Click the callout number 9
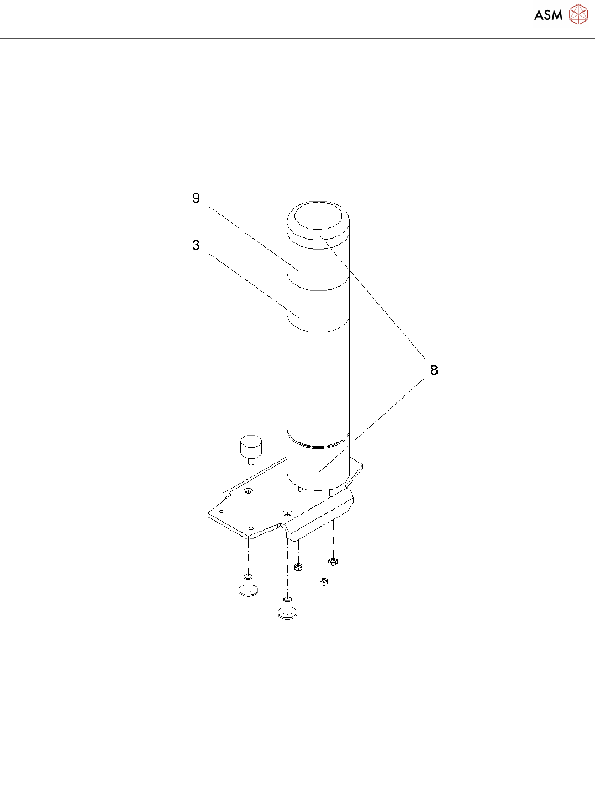click(196, 198)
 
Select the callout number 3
click(196, 245)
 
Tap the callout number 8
click(434, 370)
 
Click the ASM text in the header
click(548, 15)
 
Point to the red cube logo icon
click(578, 14)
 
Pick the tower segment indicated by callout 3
click(318, 306)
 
